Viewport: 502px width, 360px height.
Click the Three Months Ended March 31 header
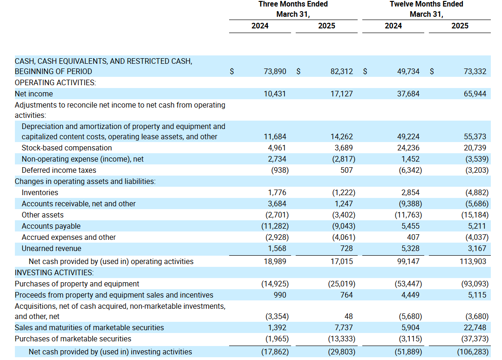tap(293, 9)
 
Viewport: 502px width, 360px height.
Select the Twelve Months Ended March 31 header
tap(427, 9)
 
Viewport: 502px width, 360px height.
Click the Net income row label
tap(34, 94)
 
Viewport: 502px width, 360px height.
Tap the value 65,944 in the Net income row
tap(475, 94)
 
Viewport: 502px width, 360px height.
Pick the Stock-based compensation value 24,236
tap(408, 148)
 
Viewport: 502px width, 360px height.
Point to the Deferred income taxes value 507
tap(346, 170)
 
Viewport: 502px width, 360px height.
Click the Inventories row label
tap(40, 192)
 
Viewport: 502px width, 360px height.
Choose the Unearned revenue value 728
tap(346, 249)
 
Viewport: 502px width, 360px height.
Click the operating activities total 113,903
tap(473, 262)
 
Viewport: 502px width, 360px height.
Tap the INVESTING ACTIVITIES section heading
tap(54, 272)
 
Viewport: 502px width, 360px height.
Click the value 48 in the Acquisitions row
tap(349, 316)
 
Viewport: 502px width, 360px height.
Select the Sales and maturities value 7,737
tap(343, 328)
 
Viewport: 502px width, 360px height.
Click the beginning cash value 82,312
tap(342, 71)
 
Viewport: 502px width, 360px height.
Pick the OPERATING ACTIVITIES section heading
tap(55, 82)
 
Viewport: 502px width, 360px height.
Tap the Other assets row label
tap(42, 215)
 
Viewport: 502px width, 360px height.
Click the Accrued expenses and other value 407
tap(414, 238)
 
